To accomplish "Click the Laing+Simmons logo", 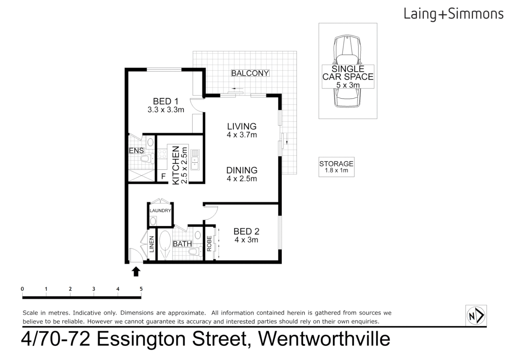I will coord(453,14).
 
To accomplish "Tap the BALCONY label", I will coord(250,73).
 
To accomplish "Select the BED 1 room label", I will coord(166,101).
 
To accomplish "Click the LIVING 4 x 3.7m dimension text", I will coord(242,135).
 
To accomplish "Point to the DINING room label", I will coord(242,170).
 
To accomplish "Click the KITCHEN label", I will coord(176,165).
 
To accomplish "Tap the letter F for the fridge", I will coord(163,176).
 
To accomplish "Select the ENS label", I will coord(136,151).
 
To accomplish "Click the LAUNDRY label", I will coord(160,211).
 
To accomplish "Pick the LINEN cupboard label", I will coord(152,244).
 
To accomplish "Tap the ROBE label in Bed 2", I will coord(209,244).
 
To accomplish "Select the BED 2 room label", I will coord(246,231).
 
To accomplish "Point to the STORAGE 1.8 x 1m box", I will coord(336,167).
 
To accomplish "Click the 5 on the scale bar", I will coord(141,289).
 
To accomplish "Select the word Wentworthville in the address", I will coord(324,339).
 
